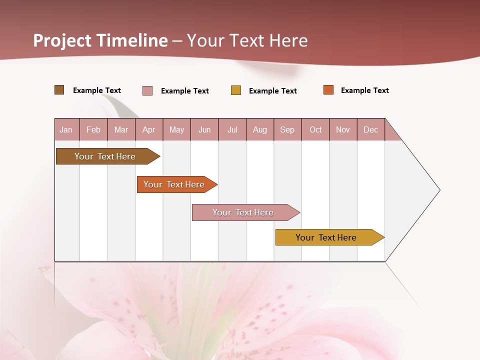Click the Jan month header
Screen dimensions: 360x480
coord(66,129)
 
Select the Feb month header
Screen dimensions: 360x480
coord(93,129)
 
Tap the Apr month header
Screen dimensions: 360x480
coord(148,129)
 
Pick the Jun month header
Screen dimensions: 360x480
coord(204,129)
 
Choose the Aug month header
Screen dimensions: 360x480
coord(259,129)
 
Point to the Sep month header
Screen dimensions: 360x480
coord(287,129)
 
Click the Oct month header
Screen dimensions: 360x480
coord(315,129)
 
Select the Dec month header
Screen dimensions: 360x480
coord(370,129)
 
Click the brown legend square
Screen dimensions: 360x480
coord(59,90)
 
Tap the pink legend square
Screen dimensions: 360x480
coord(147,90)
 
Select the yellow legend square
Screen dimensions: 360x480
coord(236,90)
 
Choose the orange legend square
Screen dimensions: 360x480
coord(328,90)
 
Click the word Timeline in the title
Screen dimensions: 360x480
coord(132,40)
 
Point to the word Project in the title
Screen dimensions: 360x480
coord(62,40)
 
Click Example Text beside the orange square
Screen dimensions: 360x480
coord(364,90)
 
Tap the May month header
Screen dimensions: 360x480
coord(176,129)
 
